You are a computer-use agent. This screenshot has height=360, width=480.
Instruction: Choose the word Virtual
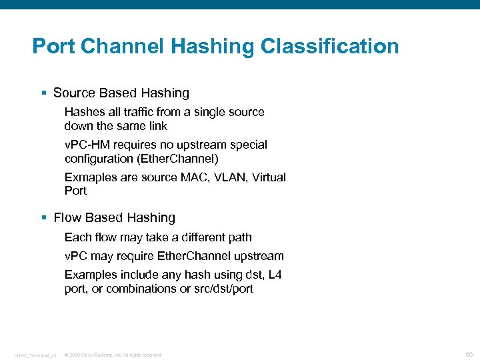coord(269,177)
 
